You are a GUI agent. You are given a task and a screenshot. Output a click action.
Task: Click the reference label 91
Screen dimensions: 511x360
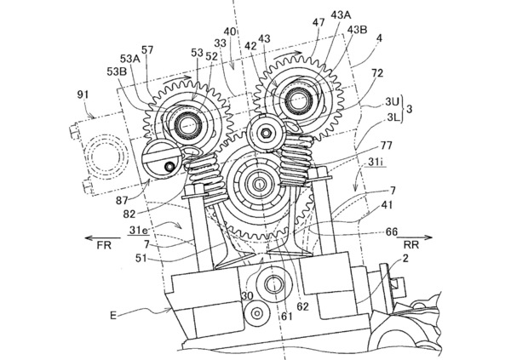(x=83, y=95)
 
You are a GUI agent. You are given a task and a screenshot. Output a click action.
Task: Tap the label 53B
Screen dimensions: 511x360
(x=117, y=71)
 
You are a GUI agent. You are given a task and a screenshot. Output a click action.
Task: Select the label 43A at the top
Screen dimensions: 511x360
(x=341, y=14)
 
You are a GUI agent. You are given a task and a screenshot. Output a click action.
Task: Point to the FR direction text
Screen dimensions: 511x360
(x=104, y=245)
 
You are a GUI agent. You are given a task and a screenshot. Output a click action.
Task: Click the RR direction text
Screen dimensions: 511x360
(x=411, y=244)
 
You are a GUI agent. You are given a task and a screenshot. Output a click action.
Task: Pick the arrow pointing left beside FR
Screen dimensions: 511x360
(x=103, y=237)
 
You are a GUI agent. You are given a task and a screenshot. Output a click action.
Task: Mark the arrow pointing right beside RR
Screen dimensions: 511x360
(x=415, y=237)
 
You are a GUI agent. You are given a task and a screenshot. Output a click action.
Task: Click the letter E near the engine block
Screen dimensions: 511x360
(x=113, y=316)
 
